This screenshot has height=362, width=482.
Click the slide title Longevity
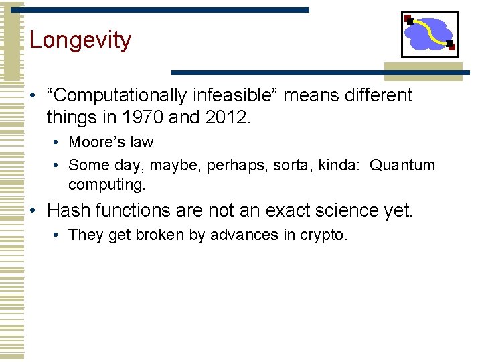pos(80,40)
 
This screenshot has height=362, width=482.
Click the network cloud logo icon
pos(429,34)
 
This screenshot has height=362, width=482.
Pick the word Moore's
pos(92,142)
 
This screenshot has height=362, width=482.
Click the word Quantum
pos(402,165)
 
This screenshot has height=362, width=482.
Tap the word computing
pos(106,184)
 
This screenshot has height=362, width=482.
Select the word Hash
pos(69,210)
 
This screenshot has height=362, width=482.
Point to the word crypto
pos(323,235)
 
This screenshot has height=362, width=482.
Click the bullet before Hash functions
pos(33,210)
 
